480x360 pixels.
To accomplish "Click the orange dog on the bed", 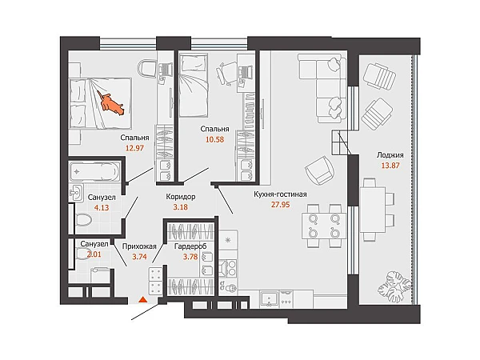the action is point(111,103).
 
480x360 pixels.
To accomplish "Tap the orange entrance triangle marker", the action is point(142,299).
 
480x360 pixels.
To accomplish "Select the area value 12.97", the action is point(134,148).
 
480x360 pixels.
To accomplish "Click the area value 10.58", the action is point(214,139).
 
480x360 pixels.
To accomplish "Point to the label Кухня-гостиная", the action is point(280,194).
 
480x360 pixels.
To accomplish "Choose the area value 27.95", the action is point(280,205).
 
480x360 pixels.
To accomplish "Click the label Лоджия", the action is point(390,155).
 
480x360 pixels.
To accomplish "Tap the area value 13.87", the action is point(390,166).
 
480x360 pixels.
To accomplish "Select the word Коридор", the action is point(181,197).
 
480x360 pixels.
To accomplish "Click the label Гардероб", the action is point(190,246).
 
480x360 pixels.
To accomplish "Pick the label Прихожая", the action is point(139,246).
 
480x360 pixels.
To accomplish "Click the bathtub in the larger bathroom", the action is point(94,172).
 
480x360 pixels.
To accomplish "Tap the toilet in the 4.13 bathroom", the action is point(83,219).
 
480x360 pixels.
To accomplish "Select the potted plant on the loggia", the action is point(394,285).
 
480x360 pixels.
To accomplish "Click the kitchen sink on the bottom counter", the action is point(269,299).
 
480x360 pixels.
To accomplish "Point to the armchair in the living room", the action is point(319,170).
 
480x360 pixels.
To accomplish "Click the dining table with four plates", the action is point(324,226).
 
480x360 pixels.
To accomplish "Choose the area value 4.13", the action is point(102,207).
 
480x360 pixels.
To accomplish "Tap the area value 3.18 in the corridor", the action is point(181,207).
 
